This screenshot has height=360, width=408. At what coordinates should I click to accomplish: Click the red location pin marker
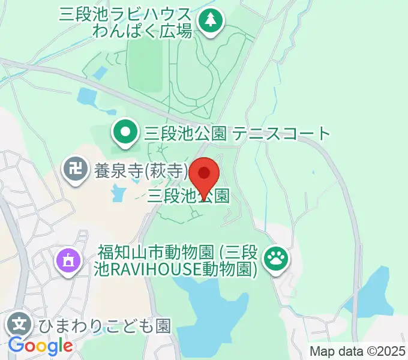click(x=205, y=175)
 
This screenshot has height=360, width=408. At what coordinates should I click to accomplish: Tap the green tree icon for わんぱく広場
click(x=210, y=22)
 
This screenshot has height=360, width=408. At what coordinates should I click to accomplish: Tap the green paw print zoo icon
click(x=277, y=259)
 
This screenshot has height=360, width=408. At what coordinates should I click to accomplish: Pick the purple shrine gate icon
click(x=67, y=260)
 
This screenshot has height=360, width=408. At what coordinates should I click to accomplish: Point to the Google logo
click(x=40, y=346)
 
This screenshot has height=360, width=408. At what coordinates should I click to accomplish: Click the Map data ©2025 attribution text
click(x=358, y=352)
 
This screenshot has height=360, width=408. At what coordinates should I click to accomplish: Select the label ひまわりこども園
click(x=105, y=326)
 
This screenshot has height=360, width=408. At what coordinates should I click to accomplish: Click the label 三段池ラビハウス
click(x=125, y=14)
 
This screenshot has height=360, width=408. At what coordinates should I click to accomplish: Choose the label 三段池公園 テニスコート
click(x=235, y=133)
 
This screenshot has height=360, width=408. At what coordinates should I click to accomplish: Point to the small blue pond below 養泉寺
click(x=118, y=193)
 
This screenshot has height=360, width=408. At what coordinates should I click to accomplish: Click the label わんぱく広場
click(x=142, y=31)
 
